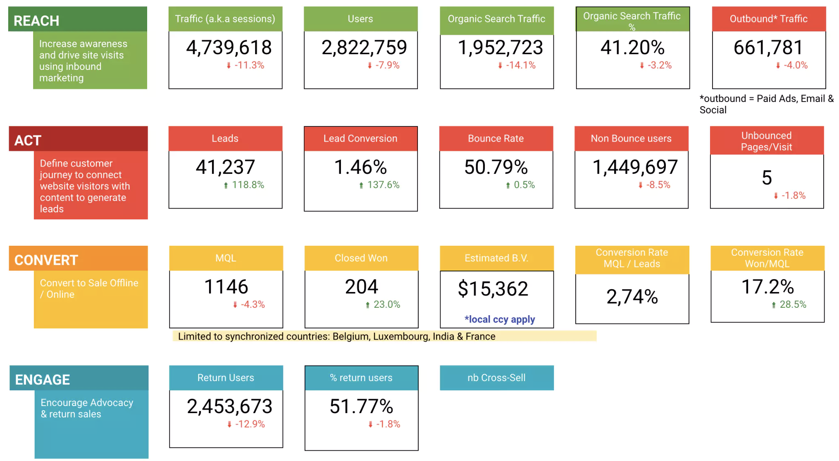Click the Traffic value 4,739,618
click(x=229, y=48)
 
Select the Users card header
click(x=360, y=19)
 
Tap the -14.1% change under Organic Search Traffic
click(x=520, y=65)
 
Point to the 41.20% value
click(x=632, y=48)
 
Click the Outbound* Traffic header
click(x=768, y=19)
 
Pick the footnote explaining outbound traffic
click(x=766, y=104)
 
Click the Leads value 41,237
click(x=225, y=167)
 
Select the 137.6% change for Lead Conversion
click(x=383, y=185)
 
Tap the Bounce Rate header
click(x=496, y=139)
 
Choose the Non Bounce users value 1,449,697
click(x=635, y=167)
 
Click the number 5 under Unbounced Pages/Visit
click(x=767, y=178)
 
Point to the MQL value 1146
click(x=226, y=287)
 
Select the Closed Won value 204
click(x=361, y=287)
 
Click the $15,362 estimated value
click(x=493, y=289)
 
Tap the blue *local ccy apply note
click(x=499, y=319)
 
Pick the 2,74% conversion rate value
click(x=632, y=297)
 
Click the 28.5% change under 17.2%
click(x=792, y=305)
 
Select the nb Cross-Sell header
click(x=496, y=378)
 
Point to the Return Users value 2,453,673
click(x=229, y=406)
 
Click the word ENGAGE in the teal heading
click(x=43, y=380)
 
